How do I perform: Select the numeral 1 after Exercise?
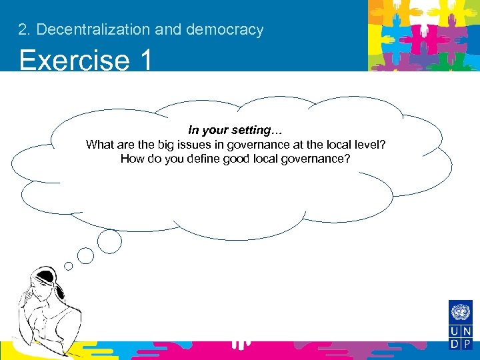(x=146, y=60)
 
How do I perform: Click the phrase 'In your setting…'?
(x=231, y=130)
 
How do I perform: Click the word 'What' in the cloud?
(x=99, y=145)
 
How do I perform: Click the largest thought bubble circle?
(x=109, y=241)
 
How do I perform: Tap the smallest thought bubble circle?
(x=68, y=265)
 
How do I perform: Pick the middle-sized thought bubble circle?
(x=86, y=254)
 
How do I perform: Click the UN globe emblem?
(x=460, y=312)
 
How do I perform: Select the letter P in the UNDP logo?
(x=466, y=344)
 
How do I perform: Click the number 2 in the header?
(x=23, y=30)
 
